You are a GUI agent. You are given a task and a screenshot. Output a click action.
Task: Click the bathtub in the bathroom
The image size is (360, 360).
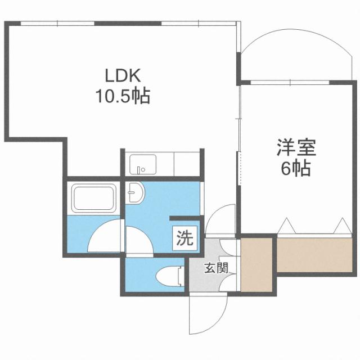tap(92, 199)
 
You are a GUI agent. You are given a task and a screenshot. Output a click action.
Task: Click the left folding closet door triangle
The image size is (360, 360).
tap(286, 226)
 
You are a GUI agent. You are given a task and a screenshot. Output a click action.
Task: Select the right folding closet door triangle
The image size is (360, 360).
tap(341, 226)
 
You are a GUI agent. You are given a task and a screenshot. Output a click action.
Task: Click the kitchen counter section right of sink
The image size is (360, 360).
tap(186, 164)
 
